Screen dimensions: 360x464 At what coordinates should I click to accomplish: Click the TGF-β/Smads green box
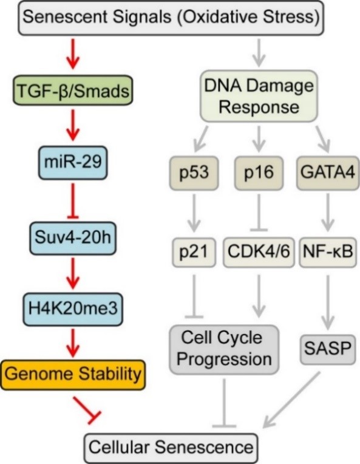73,90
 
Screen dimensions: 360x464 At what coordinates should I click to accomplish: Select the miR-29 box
73,162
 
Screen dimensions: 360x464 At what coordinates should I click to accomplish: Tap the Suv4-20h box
73,238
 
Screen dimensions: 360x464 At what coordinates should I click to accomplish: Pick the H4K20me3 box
73,309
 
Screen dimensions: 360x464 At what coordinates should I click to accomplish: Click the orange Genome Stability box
73,375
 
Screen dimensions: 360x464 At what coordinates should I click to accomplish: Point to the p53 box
194,173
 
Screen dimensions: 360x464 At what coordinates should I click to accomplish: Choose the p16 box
259,173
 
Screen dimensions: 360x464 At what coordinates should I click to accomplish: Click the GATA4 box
328,173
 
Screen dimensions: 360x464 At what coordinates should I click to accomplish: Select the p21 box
194,252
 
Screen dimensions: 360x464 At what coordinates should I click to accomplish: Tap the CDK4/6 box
259,252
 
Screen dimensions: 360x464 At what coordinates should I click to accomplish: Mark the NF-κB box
328,252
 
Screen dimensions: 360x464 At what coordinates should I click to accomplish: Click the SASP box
328,349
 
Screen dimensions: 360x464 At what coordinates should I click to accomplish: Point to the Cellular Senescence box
171,448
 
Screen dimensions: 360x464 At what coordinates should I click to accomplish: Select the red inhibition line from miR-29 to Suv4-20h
73,201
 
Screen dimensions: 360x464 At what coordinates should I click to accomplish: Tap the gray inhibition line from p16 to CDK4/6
259,213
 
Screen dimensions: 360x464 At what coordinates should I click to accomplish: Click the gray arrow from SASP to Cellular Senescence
291,400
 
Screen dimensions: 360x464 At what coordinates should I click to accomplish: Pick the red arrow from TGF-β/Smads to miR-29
73,125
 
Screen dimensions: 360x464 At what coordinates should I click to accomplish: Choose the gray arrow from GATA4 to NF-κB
328,213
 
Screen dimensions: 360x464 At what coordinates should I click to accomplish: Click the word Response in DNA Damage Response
259,107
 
